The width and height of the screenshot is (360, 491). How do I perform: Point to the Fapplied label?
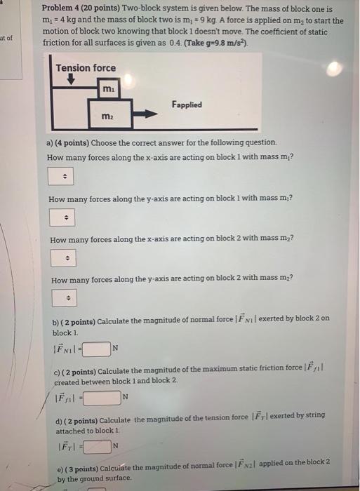click(x=186, y=105)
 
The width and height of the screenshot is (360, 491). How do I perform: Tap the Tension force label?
click(x=86, y=68)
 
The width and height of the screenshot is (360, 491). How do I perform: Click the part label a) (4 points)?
click(x=68, y=142)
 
